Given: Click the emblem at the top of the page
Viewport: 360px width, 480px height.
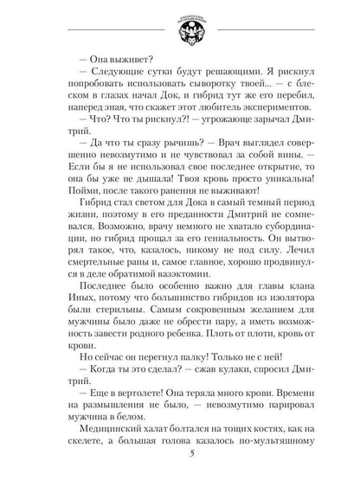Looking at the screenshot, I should coord(179,26).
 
